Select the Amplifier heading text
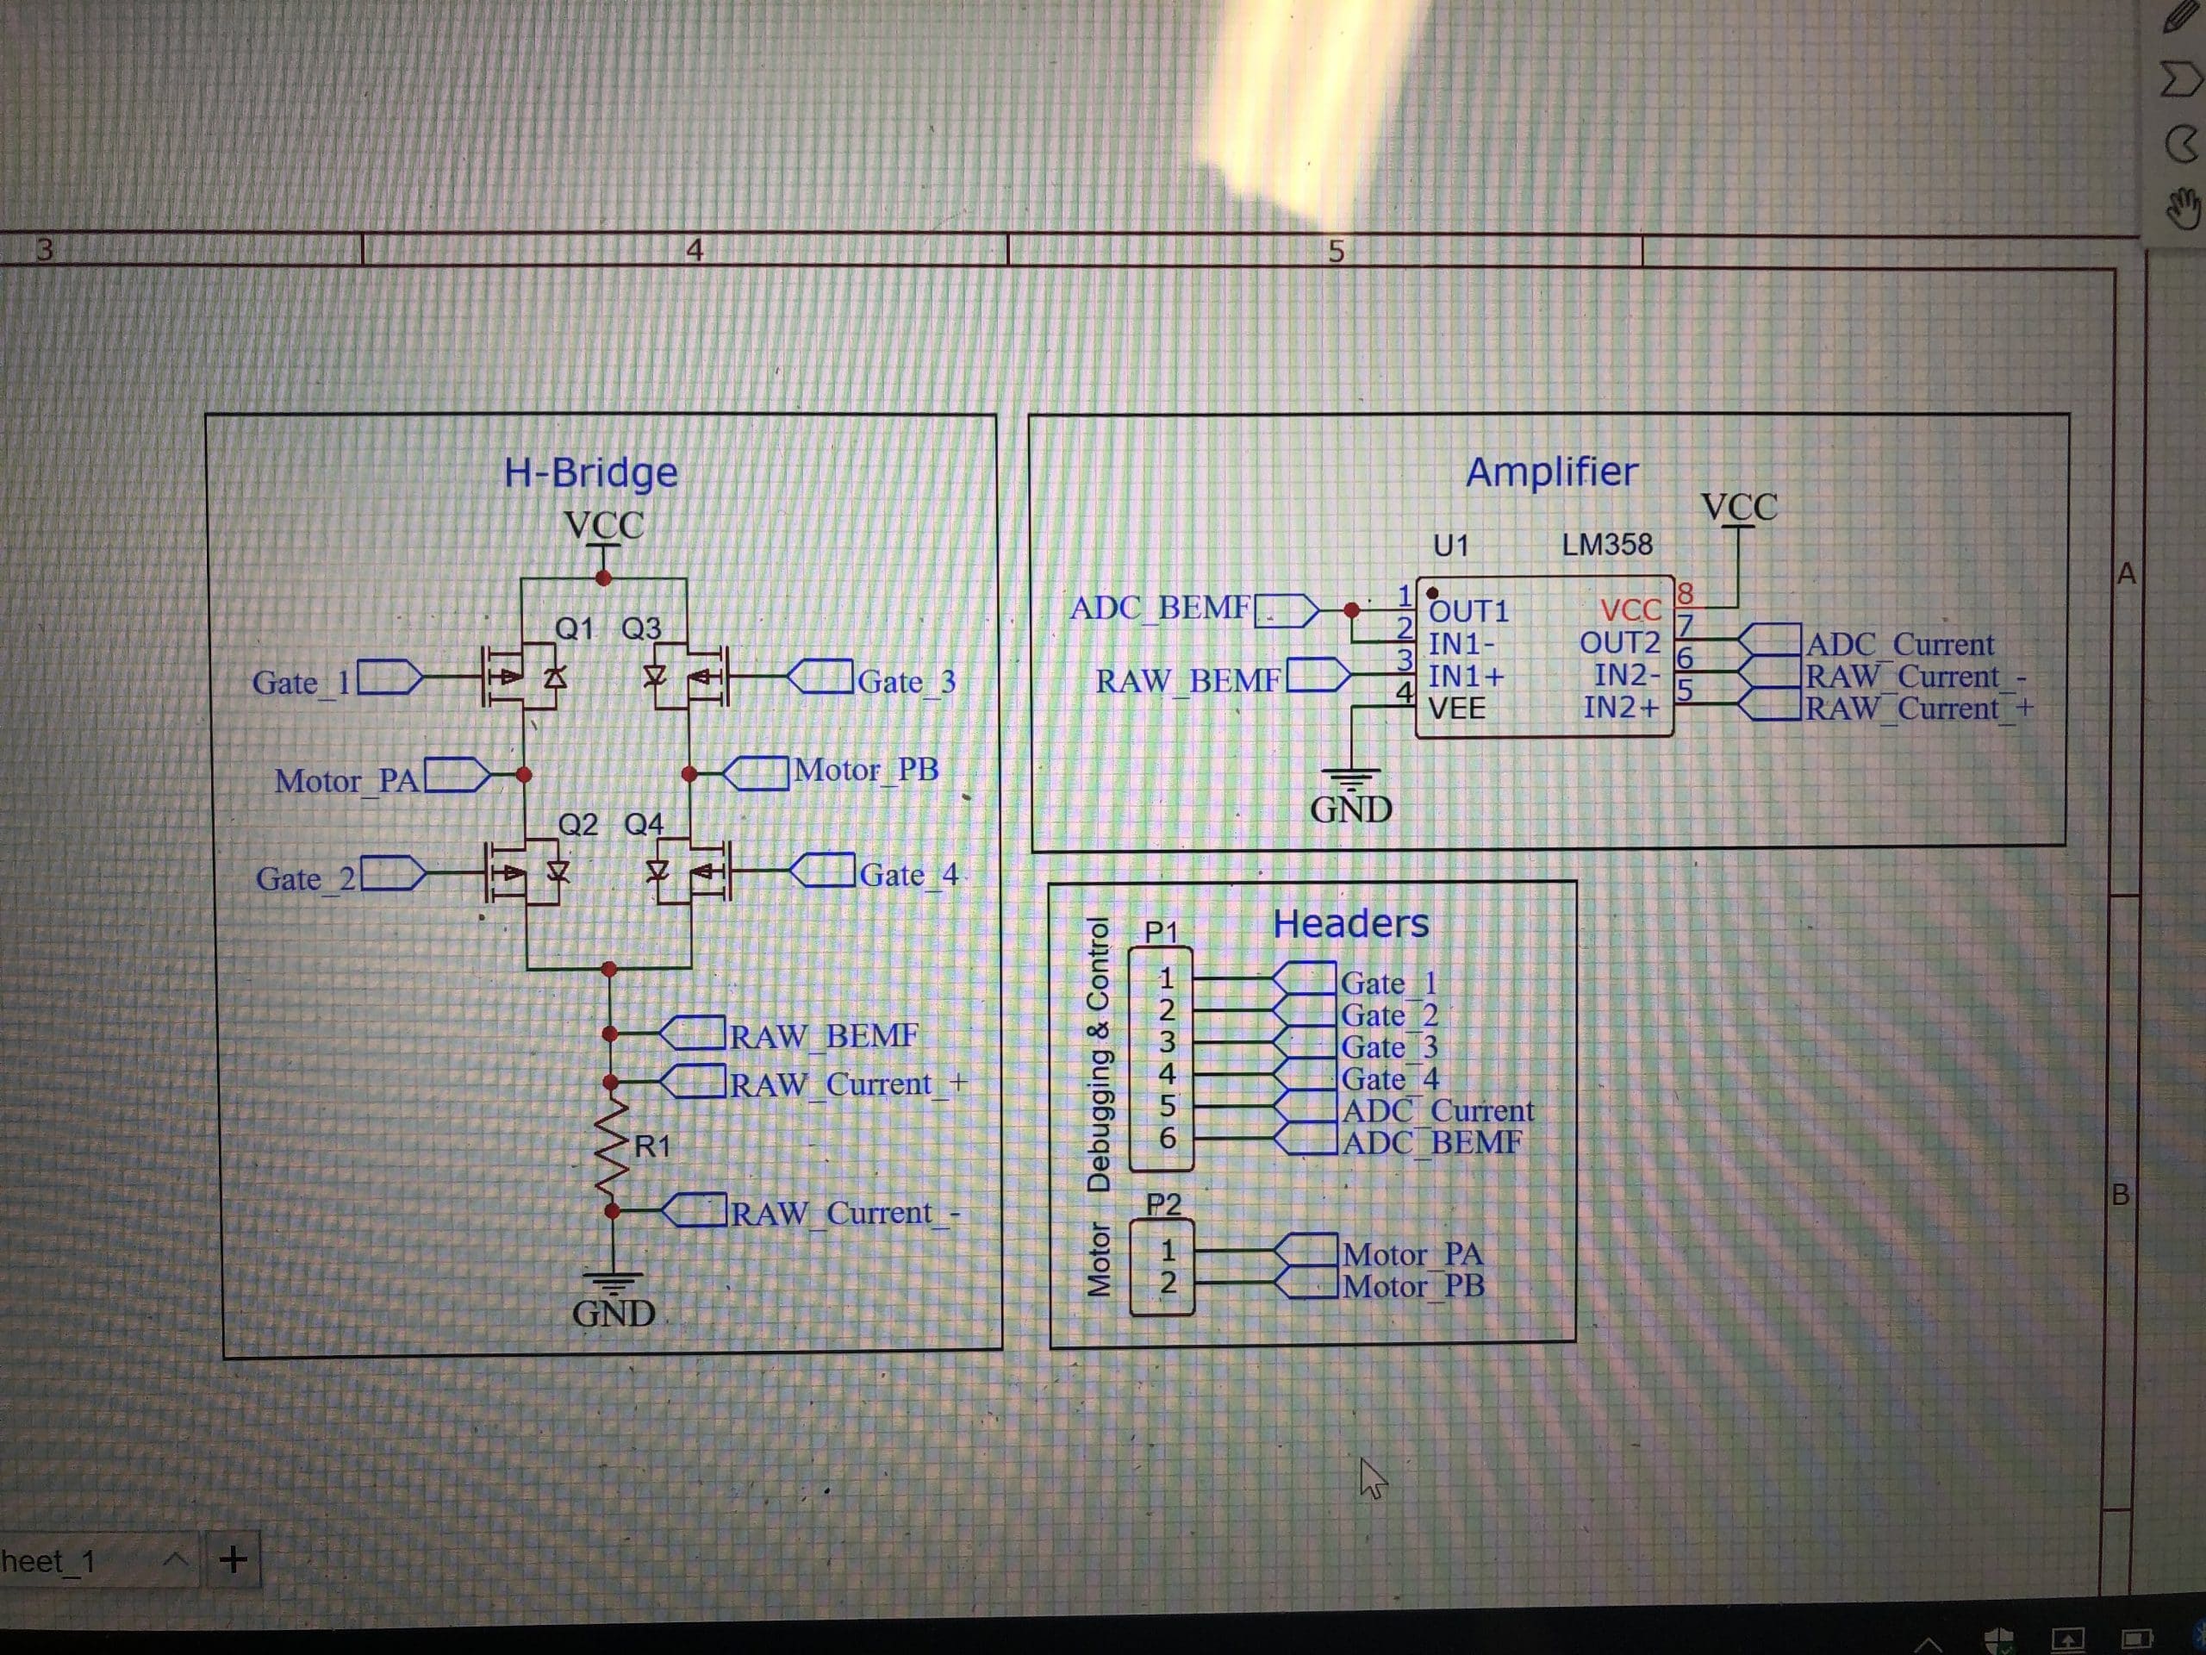tap(1551, 472)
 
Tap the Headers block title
tap(1350, 924)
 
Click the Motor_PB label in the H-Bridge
tap(866, 770)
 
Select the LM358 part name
tap(1606, 545)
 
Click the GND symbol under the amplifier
tap(1350, 778)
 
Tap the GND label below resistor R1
tap(614, 1313)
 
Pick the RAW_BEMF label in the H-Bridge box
tap(823, 1036)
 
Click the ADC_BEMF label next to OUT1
tap(1160, 608)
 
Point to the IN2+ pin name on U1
tap(1621, 709)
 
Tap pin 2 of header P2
tap(1167, 1283)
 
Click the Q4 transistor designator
tap(643, 824)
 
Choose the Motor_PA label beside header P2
tap(1412, 1254)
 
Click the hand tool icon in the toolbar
tap(2182, 208)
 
